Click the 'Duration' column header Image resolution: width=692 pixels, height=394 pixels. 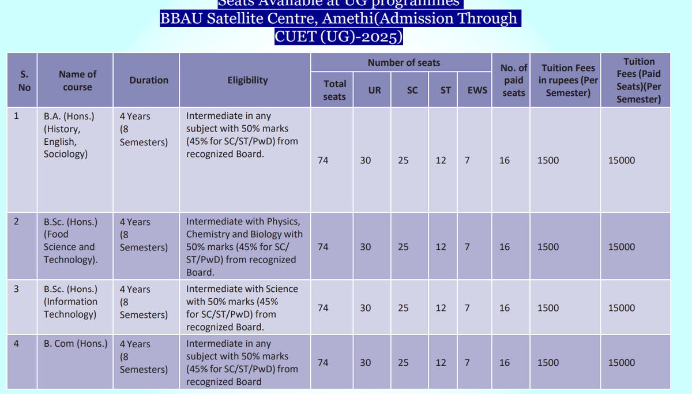(149, 80)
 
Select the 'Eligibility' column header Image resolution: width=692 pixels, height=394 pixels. (247, 80)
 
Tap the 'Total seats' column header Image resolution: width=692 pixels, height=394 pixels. (334, 91)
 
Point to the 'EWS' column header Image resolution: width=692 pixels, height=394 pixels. (477, 90)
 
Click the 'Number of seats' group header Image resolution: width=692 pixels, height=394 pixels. (404, 62)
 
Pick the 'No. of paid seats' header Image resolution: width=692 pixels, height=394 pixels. (513, 80)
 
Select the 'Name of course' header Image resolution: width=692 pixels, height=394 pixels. (77, 81)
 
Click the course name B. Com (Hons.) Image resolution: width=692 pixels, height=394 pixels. (76, 344)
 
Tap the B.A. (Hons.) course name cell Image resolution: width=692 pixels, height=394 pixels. (69, 135)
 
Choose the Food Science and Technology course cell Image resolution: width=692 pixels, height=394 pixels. (69, 241)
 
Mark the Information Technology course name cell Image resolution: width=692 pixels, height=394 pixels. (70, 302)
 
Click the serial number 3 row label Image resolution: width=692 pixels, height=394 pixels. (17, 289)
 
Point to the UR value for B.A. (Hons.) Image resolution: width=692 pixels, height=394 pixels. (366, 160)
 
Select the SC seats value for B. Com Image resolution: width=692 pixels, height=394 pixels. (403, 363)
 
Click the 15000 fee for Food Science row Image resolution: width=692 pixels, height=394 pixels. (622, 247)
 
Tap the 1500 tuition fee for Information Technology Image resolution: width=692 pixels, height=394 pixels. (548, 308)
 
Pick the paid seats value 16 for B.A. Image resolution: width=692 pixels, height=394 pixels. (505, 160)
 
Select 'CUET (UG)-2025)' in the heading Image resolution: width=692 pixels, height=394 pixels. (339, 36)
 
